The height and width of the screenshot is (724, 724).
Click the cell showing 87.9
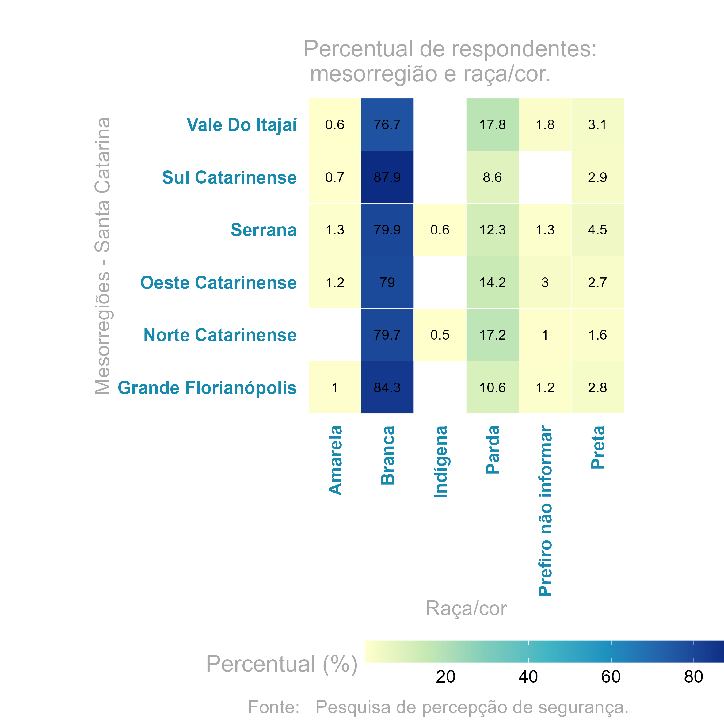coord(387,177)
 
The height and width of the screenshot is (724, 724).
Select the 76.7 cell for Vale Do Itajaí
coord(387,124)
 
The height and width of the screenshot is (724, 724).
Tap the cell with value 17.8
coord(492,124)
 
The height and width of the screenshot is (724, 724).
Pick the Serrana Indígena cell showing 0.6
coord(440,230)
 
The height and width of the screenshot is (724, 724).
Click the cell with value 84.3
coord(387,387)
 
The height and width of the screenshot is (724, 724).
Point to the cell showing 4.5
coord(597,230)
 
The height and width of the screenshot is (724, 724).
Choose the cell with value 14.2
coord(492,282)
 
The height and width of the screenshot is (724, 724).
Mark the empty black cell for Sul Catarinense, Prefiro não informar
coord(545,177)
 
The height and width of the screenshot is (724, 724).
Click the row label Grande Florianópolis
coord(207,388)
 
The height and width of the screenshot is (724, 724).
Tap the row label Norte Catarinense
coord(220,335)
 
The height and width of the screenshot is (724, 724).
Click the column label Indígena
coord(440,462)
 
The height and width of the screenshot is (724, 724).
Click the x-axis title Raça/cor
coord(466,608)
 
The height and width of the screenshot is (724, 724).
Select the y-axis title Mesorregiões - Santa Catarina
coord(102,256)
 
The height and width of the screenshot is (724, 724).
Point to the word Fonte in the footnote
coord(273,707)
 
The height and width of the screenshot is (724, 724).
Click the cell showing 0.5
coord(440,335)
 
